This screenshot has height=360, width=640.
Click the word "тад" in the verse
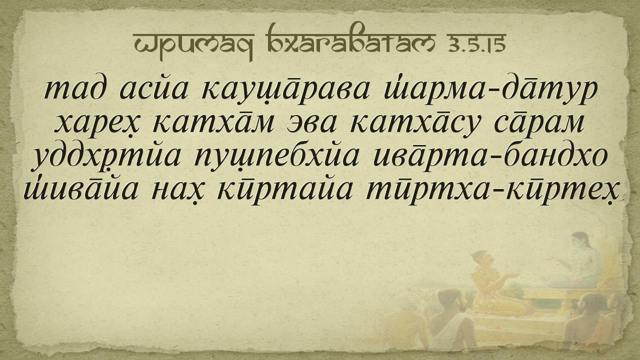pos(76,89)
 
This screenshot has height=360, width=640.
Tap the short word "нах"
pos(176,191)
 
